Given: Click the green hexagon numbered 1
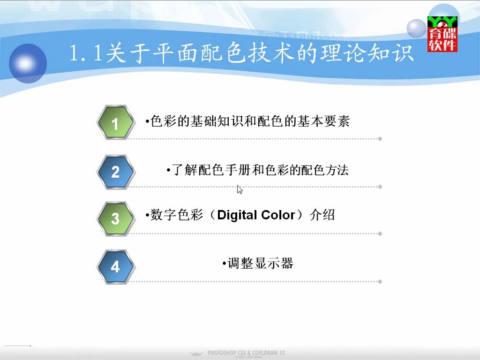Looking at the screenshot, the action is point(116,122).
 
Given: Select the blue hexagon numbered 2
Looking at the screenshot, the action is point(116,172).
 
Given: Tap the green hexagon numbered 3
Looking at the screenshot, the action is point(116,218).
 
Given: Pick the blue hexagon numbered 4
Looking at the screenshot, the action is point(116,267).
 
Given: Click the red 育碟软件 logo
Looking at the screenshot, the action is point(442,34).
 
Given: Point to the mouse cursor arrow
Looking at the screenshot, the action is point(240,189).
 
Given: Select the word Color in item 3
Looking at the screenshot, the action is point(278,215).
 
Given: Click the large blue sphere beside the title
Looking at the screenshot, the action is point(28,63).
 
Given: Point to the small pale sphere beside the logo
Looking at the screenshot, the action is point(417,29).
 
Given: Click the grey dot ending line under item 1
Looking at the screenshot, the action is point(380,139).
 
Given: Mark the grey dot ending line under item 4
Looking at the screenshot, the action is point(380,282).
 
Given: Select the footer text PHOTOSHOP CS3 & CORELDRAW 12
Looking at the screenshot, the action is point(246,352).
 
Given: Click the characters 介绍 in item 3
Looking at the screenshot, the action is point(322,215).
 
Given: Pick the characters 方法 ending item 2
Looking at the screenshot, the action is point(337,170).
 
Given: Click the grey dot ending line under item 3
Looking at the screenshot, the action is point(380,233).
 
